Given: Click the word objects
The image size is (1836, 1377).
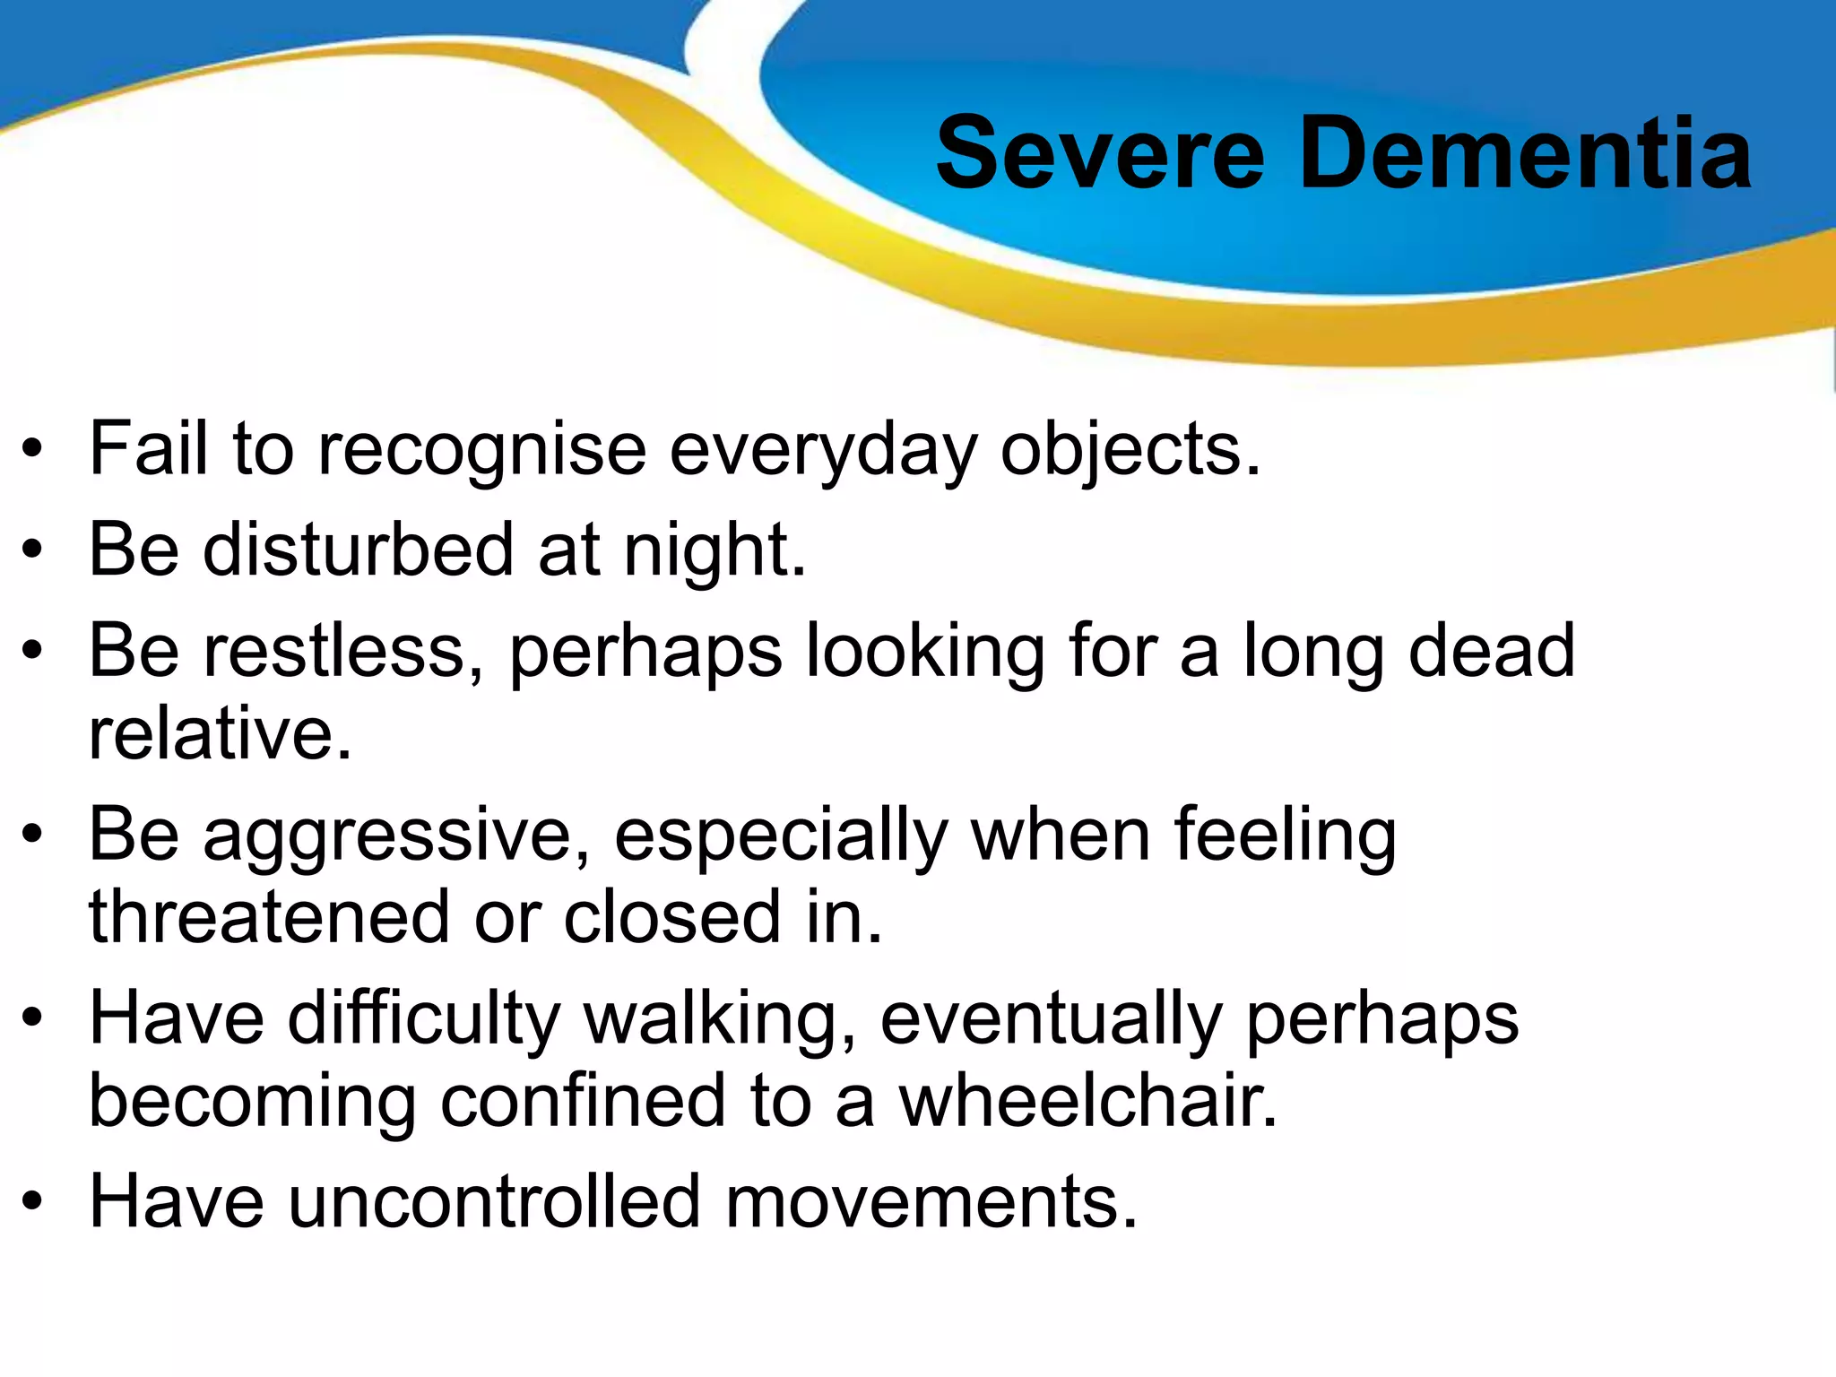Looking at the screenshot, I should (x=1130, y=451).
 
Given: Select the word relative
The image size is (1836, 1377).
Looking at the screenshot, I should (x=220, y=734).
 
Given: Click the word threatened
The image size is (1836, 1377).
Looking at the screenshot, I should (x=269, y=918).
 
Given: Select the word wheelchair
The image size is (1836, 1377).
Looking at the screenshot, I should (x=1088, y=1103).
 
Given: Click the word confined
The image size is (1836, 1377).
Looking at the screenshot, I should (x=583, y=1103).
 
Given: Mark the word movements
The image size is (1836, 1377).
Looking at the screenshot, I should (x=931, y=1202).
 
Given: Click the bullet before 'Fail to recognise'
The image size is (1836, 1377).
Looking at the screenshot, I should (x=33, y=449).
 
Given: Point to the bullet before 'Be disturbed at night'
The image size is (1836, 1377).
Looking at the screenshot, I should (x=33, y=550).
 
